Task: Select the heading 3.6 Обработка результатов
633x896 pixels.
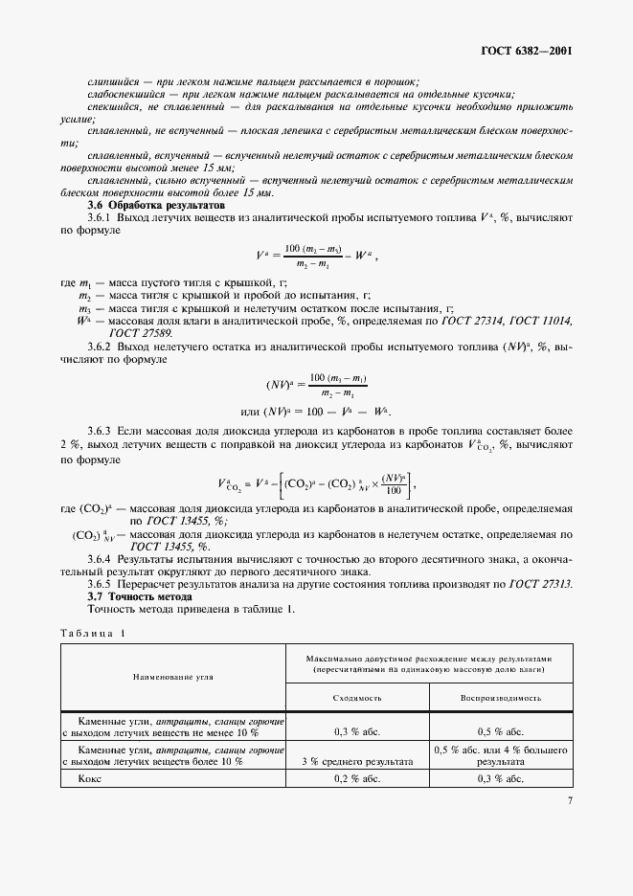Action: [155, 205]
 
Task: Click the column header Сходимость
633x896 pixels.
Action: [358, 699]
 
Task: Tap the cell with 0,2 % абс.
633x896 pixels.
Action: [358, 778]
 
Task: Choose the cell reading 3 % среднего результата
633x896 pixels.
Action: [358, 762]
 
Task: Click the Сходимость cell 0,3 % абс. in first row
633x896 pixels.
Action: [358, 731]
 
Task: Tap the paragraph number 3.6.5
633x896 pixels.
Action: [102, 583]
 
